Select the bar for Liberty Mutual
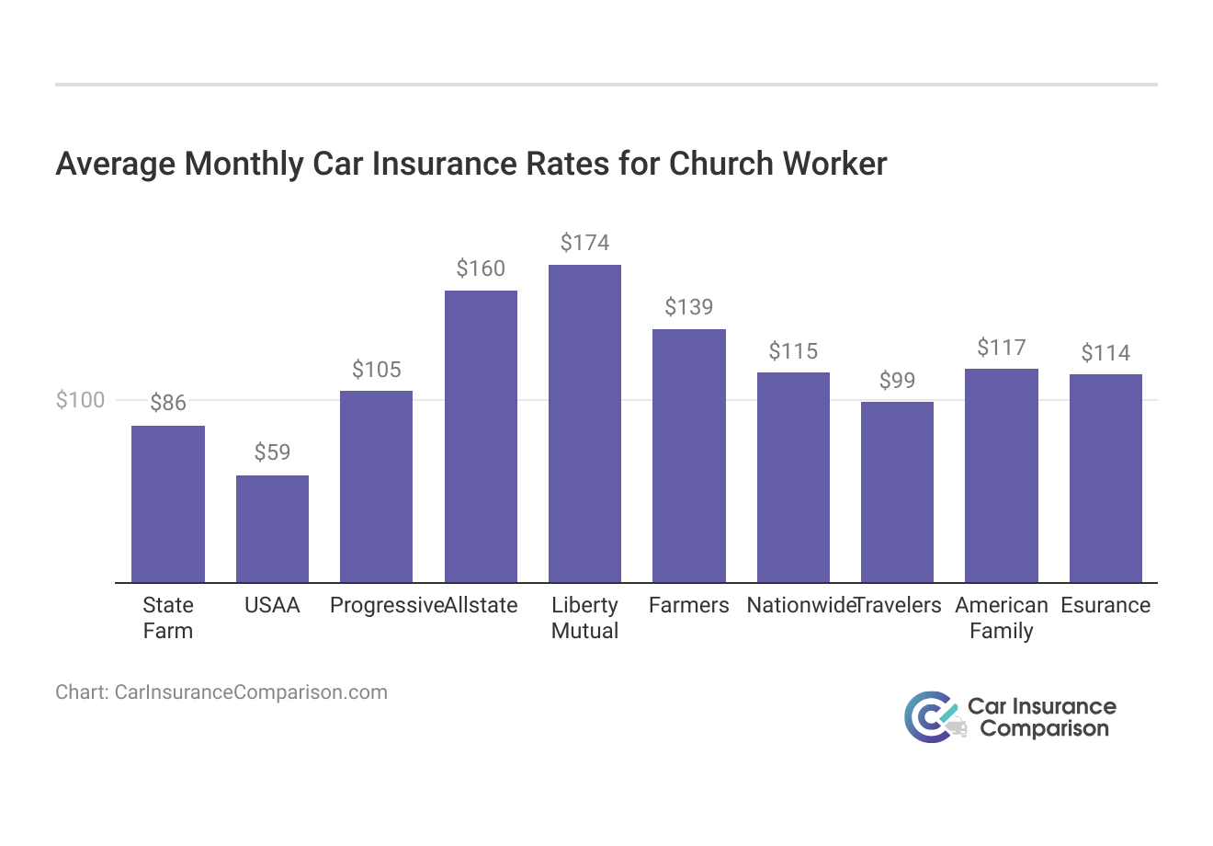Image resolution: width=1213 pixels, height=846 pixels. (584, 423)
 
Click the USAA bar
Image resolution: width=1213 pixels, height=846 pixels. (272, 529)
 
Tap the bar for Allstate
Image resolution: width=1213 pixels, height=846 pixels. (481, 436)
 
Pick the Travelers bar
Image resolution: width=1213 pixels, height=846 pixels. (897, 492)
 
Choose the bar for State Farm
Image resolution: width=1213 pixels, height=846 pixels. (168, 504)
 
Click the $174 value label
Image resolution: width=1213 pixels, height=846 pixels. (584, 243)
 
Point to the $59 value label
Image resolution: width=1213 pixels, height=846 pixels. (272, 452)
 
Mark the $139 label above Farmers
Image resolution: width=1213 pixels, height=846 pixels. (688, 307)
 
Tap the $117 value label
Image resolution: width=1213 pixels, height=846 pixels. (1001, 348)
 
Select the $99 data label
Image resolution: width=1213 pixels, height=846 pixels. (897, 381)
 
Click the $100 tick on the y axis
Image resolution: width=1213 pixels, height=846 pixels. (80, 400)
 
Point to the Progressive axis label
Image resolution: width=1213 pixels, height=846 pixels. (386, 605)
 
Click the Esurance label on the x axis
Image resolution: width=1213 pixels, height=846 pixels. (1105, 605)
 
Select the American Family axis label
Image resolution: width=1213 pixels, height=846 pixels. (1001, 618)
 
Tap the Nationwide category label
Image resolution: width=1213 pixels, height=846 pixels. (798, 605)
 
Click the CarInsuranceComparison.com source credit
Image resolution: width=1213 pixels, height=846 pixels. (221, 692)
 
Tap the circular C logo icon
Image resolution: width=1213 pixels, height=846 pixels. (928, 717)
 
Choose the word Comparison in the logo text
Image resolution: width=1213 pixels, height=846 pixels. (1044, 729)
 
